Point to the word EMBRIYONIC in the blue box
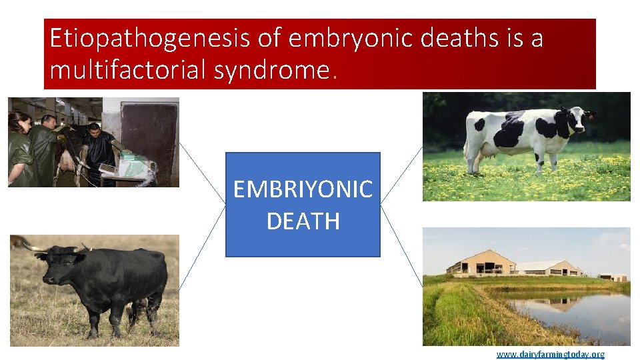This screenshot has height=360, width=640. click(x=303, y=190)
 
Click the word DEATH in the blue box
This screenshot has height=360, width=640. click(x=303, y=221)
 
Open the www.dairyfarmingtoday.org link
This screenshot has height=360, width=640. click(x=550, y=354)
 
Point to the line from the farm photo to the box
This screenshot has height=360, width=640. click(x=401, y=247)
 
